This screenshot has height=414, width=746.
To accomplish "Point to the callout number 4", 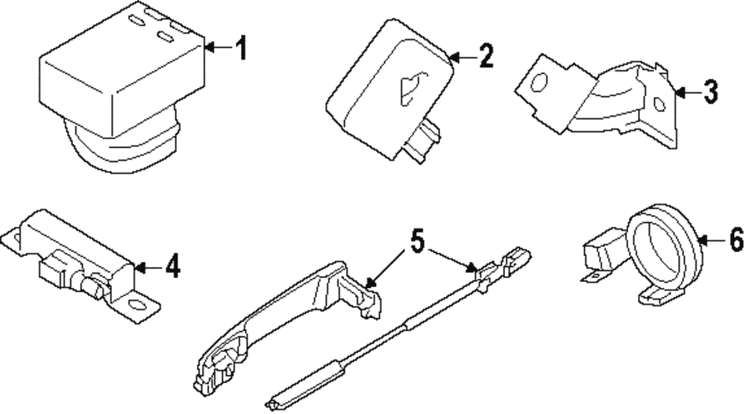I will (x=172, y=266).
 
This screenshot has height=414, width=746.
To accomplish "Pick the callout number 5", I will (x=416, y=241).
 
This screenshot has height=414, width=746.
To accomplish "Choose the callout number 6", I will (x=735, y=240).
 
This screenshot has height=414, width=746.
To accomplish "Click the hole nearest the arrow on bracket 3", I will (x=658, y=105).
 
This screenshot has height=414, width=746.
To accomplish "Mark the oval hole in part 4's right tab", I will (x=137, y=304).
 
